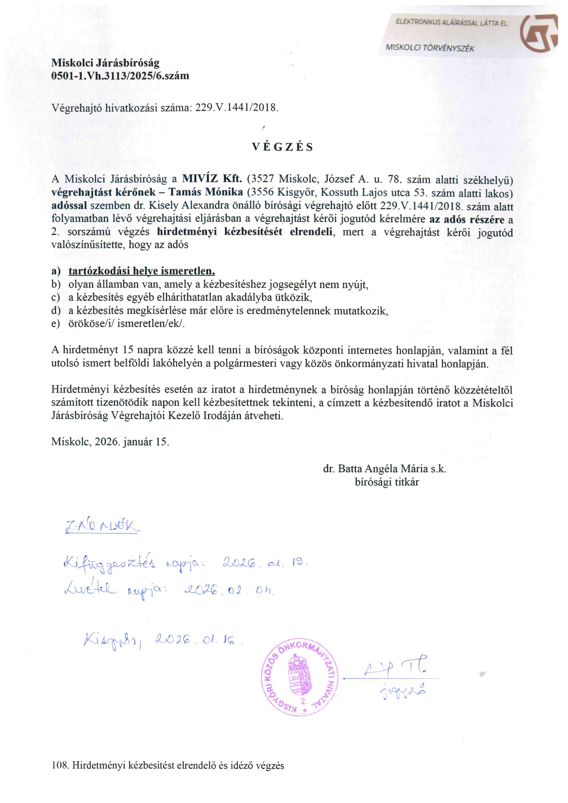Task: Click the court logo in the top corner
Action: coord(539,33)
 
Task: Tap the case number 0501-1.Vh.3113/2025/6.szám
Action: coord(120,76)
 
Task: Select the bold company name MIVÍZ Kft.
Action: coord(212,179)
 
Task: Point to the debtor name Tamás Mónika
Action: coord(206,192)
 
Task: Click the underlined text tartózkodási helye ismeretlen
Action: coord(141,271)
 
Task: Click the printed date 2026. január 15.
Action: coord(131,441)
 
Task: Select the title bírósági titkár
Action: coord(387,482)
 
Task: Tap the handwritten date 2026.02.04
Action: coord(229,591)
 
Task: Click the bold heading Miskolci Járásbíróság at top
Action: coord(105,63)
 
